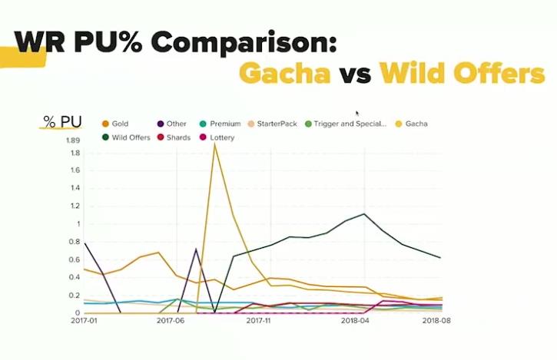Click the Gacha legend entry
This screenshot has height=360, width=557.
414,124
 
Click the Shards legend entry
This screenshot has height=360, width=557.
177,138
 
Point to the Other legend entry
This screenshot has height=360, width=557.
176,124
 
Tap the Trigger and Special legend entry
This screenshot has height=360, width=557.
350,124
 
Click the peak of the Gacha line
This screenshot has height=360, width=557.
215,144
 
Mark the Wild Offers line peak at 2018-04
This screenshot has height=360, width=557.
363,214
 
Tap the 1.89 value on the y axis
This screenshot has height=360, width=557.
72,140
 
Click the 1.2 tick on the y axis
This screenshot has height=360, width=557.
75,206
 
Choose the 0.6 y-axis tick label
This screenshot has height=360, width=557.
74,259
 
